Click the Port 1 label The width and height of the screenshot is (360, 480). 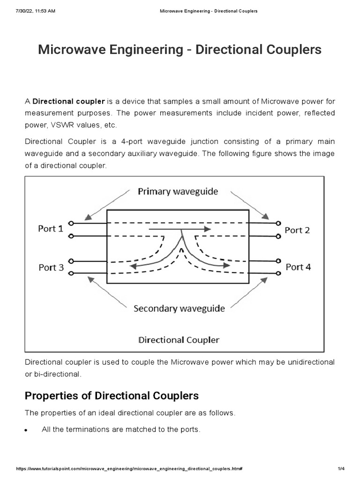point(51,229)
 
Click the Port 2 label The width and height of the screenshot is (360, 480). point(297,230)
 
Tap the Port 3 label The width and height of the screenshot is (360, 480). point(51,267)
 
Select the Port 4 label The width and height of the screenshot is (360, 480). point(298,267)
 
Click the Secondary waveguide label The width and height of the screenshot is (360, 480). point(179,308)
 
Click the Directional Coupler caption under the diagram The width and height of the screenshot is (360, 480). point(179,339)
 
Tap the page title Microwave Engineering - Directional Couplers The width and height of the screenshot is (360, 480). point(180,50)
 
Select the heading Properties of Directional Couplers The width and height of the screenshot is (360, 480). point(112,396)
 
